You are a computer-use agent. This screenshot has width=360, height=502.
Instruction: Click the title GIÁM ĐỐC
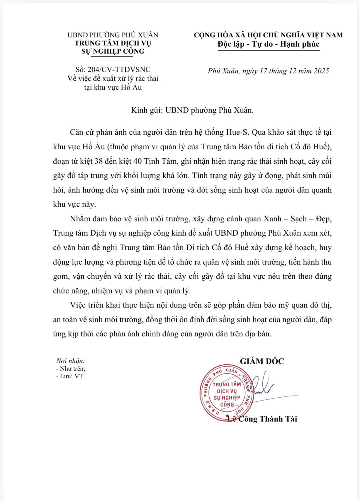pos(262,361)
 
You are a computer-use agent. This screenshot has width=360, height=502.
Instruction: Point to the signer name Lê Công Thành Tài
pos(262,419)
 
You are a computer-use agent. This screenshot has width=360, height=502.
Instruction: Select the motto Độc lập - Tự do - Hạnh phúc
pos(268,44)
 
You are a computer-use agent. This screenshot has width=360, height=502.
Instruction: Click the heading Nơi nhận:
pos(71,361)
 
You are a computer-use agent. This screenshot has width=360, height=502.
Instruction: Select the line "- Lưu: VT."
pos(70,376)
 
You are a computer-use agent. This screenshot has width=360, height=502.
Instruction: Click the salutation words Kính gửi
pos(147,110)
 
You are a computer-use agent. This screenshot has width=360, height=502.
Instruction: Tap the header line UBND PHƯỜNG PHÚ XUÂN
pos(113,35)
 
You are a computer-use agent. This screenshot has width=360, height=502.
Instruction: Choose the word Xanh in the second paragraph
pos(272,219)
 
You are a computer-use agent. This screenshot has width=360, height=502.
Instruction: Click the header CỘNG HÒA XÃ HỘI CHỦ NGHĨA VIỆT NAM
pos(268,35)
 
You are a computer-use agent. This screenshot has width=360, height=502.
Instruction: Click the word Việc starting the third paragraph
pos(78,305)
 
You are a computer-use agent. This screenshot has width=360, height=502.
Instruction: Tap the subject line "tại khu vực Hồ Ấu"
pos(113,88)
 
